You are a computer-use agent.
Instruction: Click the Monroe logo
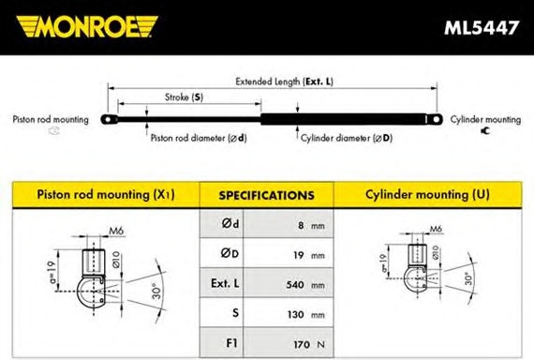click(87, 26)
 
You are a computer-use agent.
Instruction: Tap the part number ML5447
click(482, 27)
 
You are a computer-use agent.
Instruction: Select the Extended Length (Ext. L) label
click(285, 82)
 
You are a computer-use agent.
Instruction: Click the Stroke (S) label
click(184, 97)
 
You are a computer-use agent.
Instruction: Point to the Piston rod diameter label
click(199, 138)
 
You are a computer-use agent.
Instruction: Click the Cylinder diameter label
click(347, 138)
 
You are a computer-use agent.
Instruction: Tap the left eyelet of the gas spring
click(109, 119)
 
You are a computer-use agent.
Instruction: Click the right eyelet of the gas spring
click(436, 119)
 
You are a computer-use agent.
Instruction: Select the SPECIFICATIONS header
click(266, 195)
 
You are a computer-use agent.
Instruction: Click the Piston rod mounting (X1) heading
click(106, 195)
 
